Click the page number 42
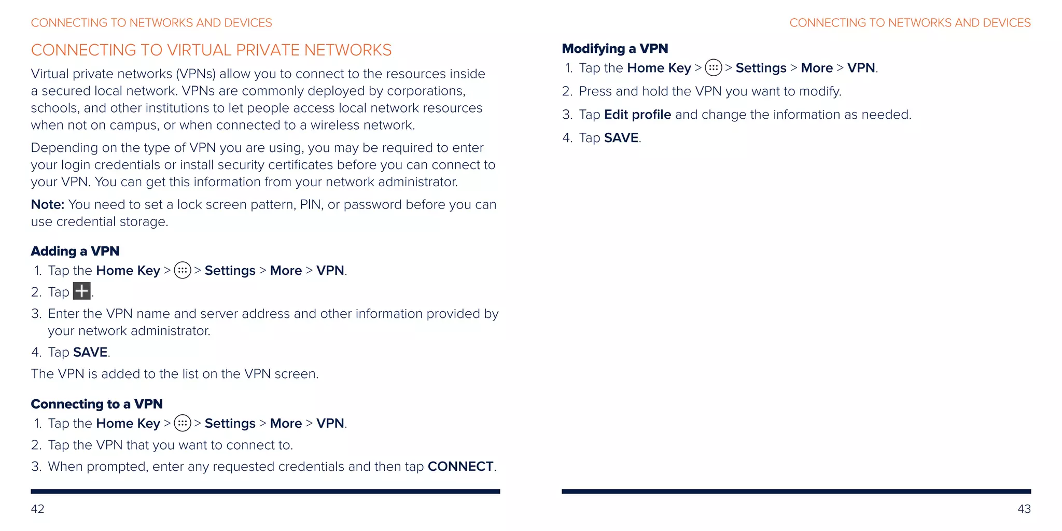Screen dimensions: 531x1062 37,509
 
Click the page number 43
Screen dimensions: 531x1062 1024,509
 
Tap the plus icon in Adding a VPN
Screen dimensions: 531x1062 82,291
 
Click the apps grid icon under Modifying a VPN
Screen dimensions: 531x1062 714,68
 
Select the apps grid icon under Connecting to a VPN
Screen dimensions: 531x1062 183,423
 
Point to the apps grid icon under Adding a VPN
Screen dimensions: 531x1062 183,270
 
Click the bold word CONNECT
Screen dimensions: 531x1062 460,466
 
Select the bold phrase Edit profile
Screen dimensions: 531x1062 637,115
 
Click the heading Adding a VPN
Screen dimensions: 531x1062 75,251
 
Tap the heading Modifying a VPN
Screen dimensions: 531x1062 615,49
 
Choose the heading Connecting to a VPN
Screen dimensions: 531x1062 97,404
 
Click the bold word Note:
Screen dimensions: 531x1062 48,204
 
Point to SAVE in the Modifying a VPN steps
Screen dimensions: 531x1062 621,138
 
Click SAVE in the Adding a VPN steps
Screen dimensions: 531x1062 90,352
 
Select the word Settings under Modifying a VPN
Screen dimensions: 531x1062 761,68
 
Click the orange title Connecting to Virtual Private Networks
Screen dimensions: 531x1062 211,50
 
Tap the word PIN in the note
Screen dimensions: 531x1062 311,204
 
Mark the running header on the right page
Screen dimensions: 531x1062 910,23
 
